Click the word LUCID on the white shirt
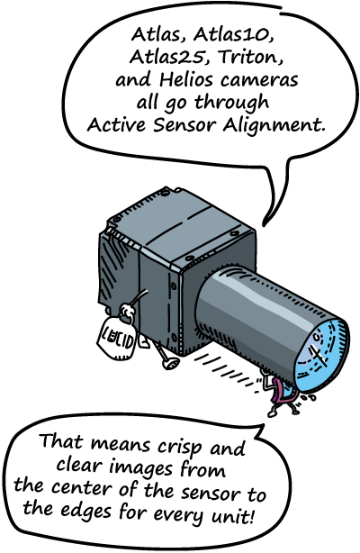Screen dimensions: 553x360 click(118, 341)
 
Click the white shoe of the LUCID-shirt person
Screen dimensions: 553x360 click(169, 363)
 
